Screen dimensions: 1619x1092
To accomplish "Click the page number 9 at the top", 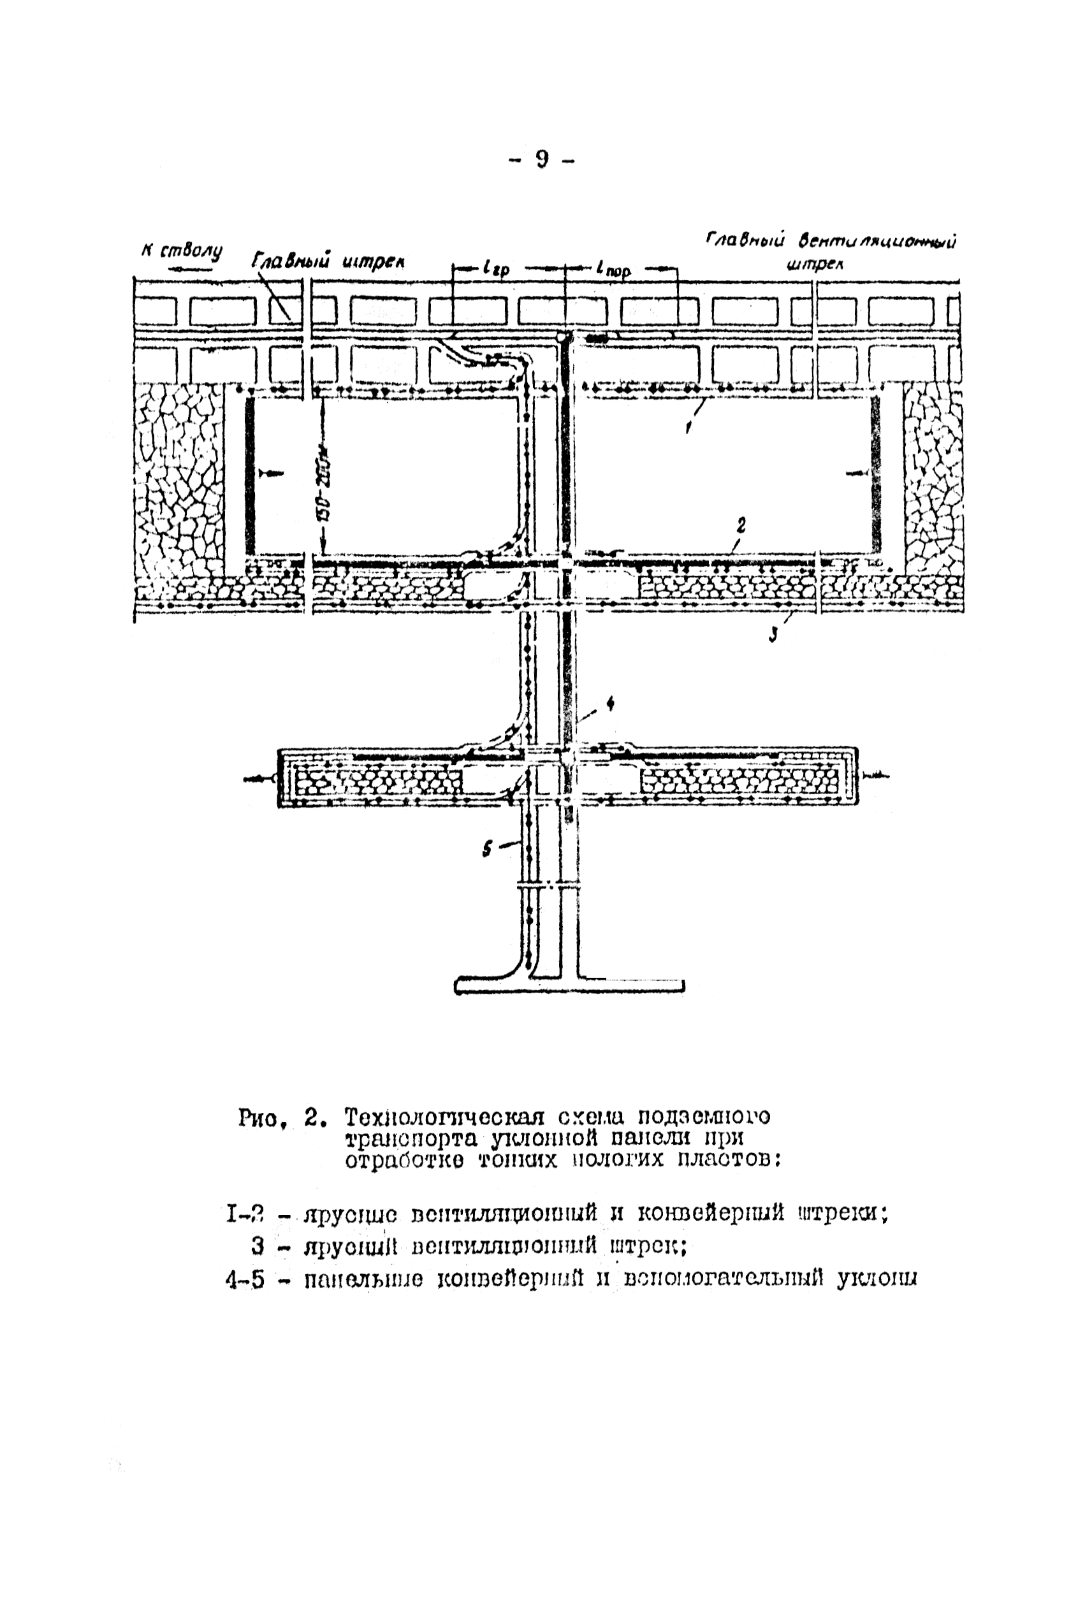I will [x=542, y=159].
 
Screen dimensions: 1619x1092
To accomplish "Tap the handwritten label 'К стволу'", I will [x=181, y=251].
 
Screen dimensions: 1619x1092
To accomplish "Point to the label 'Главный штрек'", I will [x=327, y=261].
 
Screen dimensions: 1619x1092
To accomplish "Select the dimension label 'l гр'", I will [x=495, y=268].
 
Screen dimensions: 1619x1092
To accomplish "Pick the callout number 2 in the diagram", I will [x=741, y=526].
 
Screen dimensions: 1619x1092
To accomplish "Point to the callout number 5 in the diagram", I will [x=488, y=848].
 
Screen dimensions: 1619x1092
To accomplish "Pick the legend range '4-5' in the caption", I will [x=245, y=1280].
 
